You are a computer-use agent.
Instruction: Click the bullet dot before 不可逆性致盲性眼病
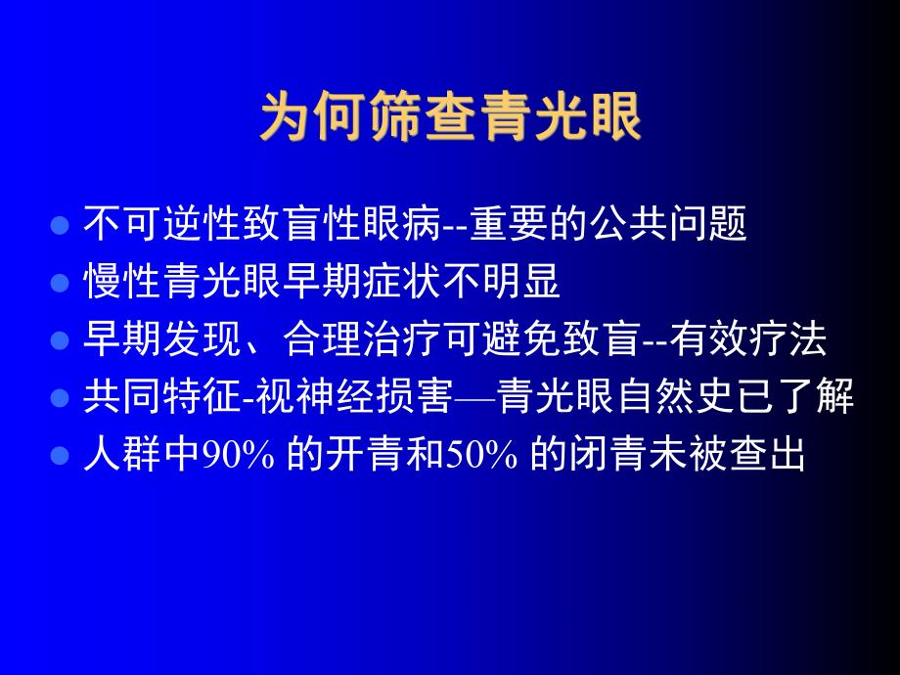pyautogui.click(x=60, y=225)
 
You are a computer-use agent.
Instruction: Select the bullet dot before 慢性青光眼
pyautogui.click(x=60, y=283)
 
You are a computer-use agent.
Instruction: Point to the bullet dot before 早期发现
pyautogui.click(x=60, y=340)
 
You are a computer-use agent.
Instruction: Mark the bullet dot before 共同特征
pyautogui.click(x=60, y=398)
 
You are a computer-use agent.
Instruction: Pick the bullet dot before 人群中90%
pyautogui.click(x=60, y=456)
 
